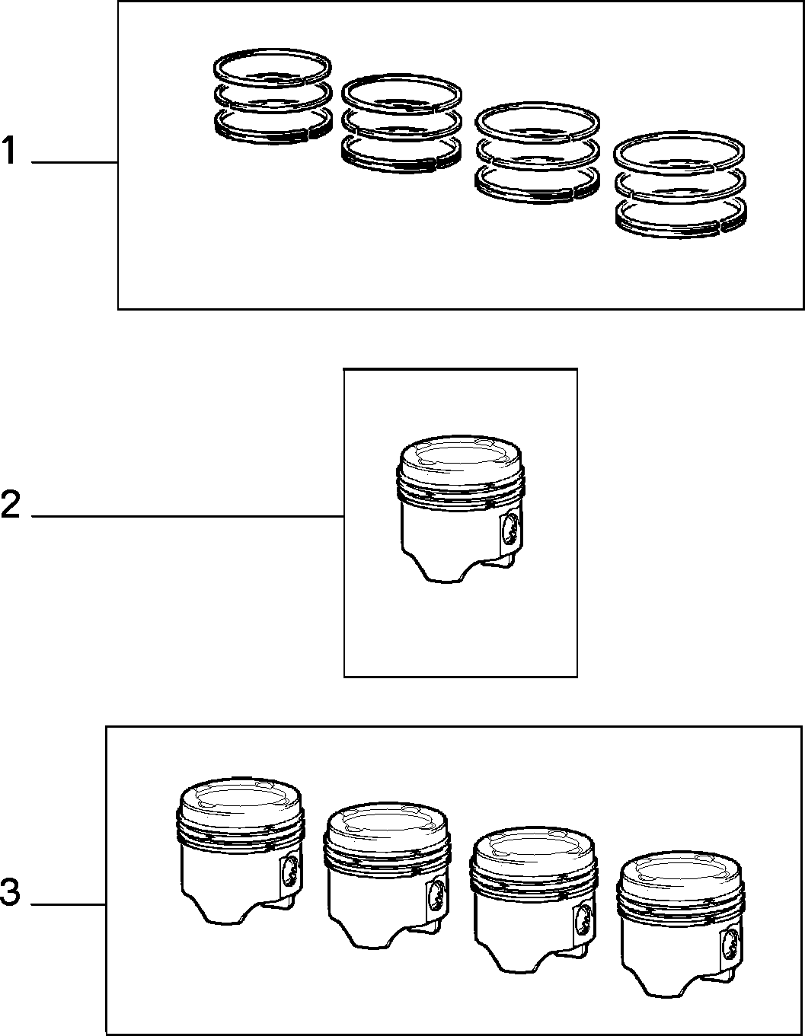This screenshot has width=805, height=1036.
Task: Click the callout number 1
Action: [x=10, y=150]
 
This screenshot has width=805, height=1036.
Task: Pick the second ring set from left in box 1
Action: [x=401, y=123]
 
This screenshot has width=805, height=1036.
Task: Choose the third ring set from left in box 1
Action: [x=538, y=152]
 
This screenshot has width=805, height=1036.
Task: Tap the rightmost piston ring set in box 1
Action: [x=680, y=184]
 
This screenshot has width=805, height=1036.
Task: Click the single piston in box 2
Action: [x=461, y=509]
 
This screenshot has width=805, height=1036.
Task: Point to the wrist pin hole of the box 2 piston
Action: [x=510, y=530]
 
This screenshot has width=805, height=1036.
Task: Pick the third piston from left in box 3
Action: [x=534, y=900]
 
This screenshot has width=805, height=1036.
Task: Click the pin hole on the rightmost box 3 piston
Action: [x=730, y=945]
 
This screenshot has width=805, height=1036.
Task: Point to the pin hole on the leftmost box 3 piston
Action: [x=290, y=871]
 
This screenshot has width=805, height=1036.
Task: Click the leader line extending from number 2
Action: [x=188, y=516]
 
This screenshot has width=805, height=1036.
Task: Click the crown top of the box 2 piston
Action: [x=460, y=455]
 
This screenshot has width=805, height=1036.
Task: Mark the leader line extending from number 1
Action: [x=75, y=163]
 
